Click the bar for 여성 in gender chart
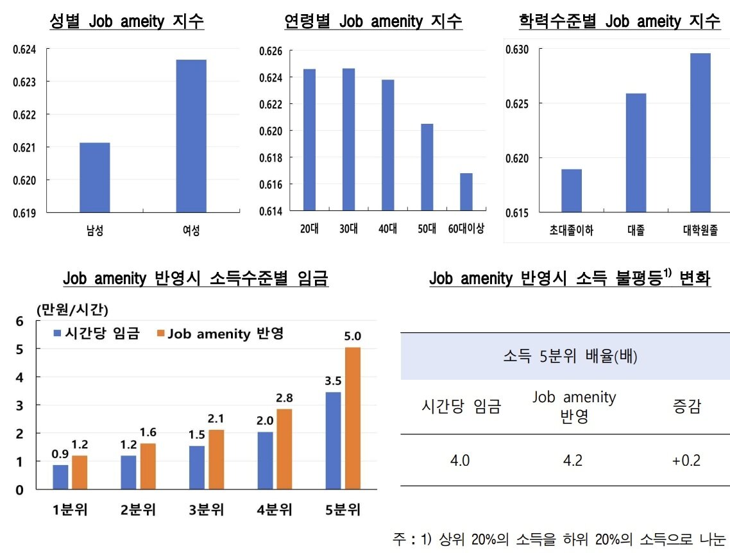pyautogui.click(x=191, y=135)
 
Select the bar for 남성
pyautogui.click(x=94, y=177)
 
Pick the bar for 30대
pyautogui.click(x=348, y=139)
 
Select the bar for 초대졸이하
pyautogui.click(x=571, y=191)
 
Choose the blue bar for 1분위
pyautogui.click(x=60, y=477)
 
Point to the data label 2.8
pyautogui.click(x=285, y=398)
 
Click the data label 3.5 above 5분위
pyautogui.click(x=334, y=381)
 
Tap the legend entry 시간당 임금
pyautogui.click(x=96, y=334)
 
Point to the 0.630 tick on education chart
pyautogui.click(x=517, y=49)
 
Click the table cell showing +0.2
pyautogui.click(x=686, y=460)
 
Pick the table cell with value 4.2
pyautogui.click(x=572, y=460)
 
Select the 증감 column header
pyautogui.click(x=686, y=407)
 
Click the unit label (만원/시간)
pyautogui.click(x=72, y=309)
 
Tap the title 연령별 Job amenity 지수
pyautogui.click(x=373, y=22)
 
